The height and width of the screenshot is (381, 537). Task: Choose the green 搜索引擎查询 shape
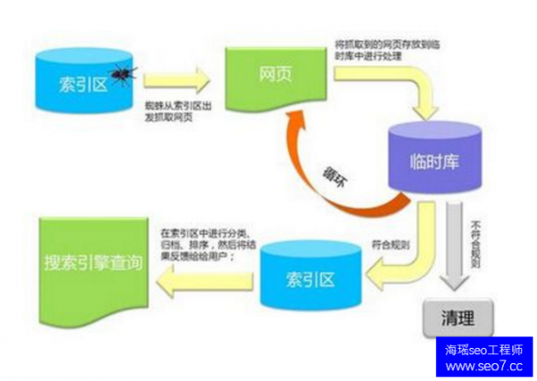(x=86, y=262)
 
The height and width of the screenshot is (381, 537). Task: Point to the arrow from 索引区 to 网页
(x=183, y=81)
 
